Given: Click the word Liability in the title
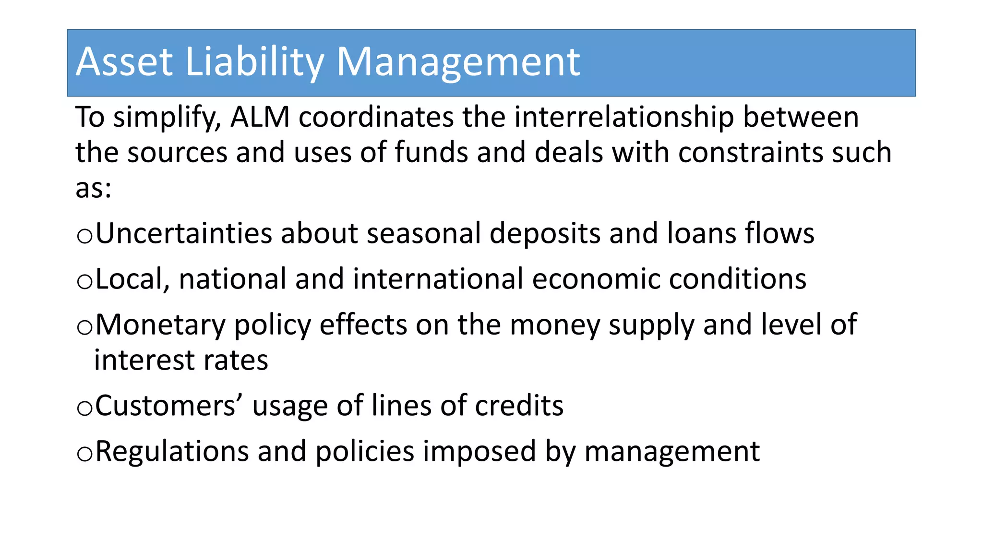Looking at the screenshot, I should click(254, 62).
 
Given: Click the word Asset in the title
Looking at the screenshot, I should click(124, 62).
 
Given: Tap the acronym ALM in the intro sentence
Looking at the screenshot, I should click(260, 117).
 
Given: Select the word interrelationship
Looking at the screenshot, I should click(623, 117).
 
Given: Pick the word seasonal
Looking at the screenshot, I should click(424, 234).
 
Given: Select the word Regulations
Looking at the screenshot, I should click(172, 452).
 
